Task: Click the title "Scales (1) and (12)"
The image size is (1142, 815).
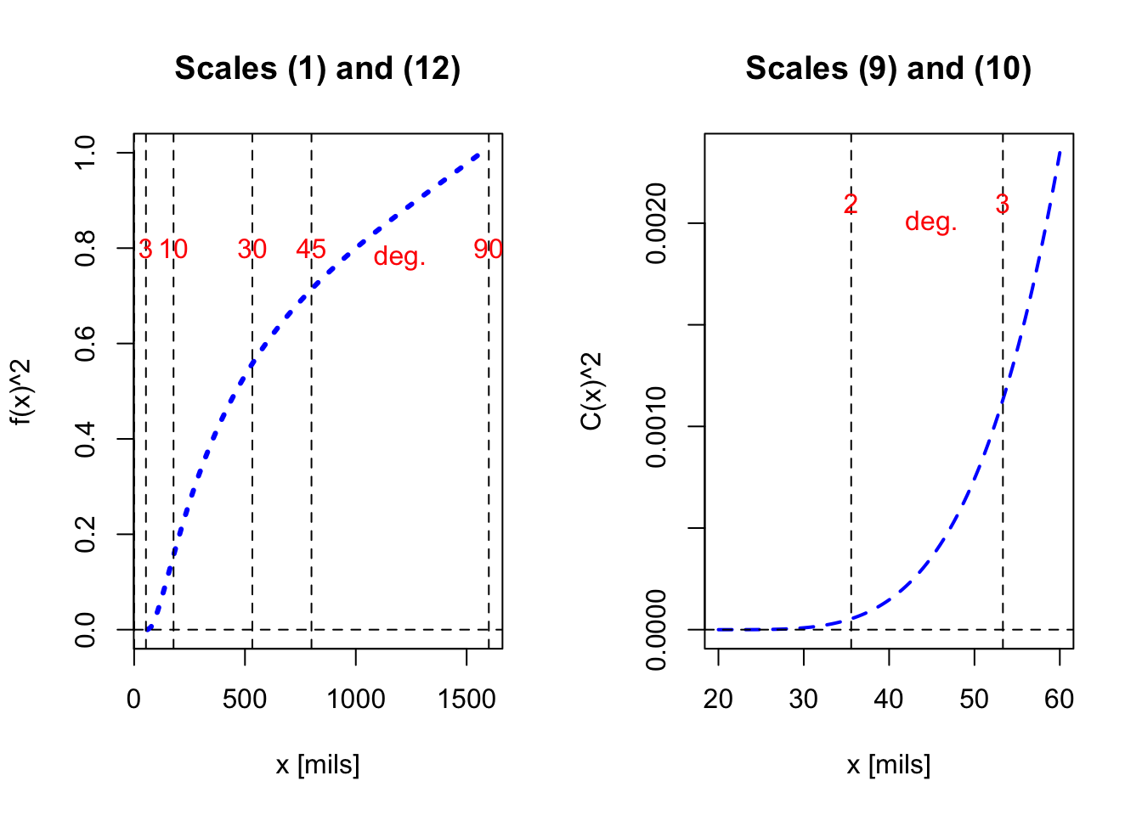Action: coord(317,68)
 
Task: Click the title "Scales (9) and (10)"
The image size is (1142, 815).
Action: coord(888,68)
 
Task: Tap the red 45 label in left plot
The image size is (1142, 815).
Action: coord(311,249)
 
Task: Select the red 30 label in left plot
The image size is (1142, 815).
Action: coord(252,249)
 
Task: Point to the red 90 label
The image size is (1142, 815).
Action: coord(489,249)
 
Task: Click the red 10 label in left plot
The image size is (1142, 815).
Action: coord(173,249)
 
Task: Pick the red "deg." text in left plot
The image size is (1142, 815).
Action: coord(399,256)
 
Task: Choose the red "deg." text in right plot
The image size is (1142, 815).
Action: coord(930,222)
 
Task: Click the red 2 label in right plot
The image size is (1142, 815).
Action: coord(851,204)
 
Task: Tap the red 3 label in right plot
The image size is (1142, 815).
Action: coord(1003,204)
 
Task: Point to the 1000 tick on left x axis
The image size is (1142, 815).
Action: coord(356,699)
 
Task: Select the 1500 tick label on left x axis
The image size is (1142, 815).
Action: coord(466,699)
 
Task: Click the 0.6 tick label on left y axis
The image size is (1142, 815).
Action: coord(85,344)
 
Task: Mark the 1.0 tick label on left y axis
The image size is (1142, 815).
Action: coord(85,153)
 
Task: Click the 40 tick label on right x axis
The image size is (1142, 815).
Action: coord(889,699)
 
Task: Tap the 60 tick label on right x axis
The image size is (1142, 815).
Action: coord(1060,699)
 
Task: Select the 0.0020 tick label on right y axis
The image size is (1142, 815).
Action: coord(656,223)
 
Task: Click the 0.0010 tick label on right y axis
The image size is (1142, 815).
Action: coord(656,426)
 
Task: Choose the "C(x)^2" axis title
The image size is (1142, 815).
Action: coord(592,391)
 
